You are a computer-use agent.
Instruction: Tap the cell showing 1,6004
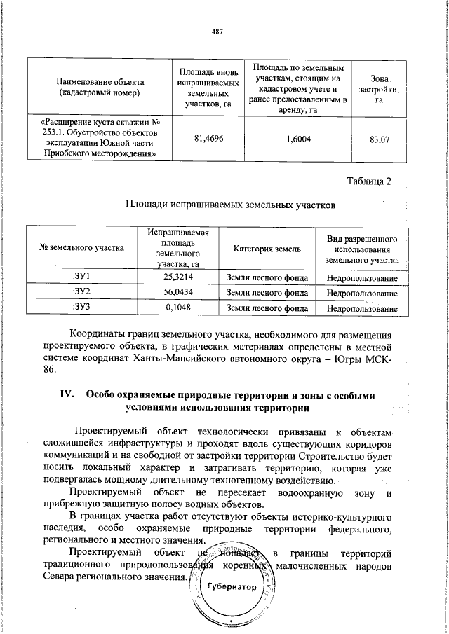tap(299, 139)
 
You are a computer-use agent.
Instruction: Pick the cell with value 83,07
tap(379, 139)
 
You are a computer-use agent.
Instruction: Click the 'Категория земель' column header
tap(267, 248)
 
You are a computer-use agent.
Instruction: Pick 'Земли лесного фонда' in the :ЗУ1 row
tap(267, 278)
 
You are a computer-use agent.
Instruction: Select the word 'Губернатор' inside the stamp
tap(232, 586)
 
